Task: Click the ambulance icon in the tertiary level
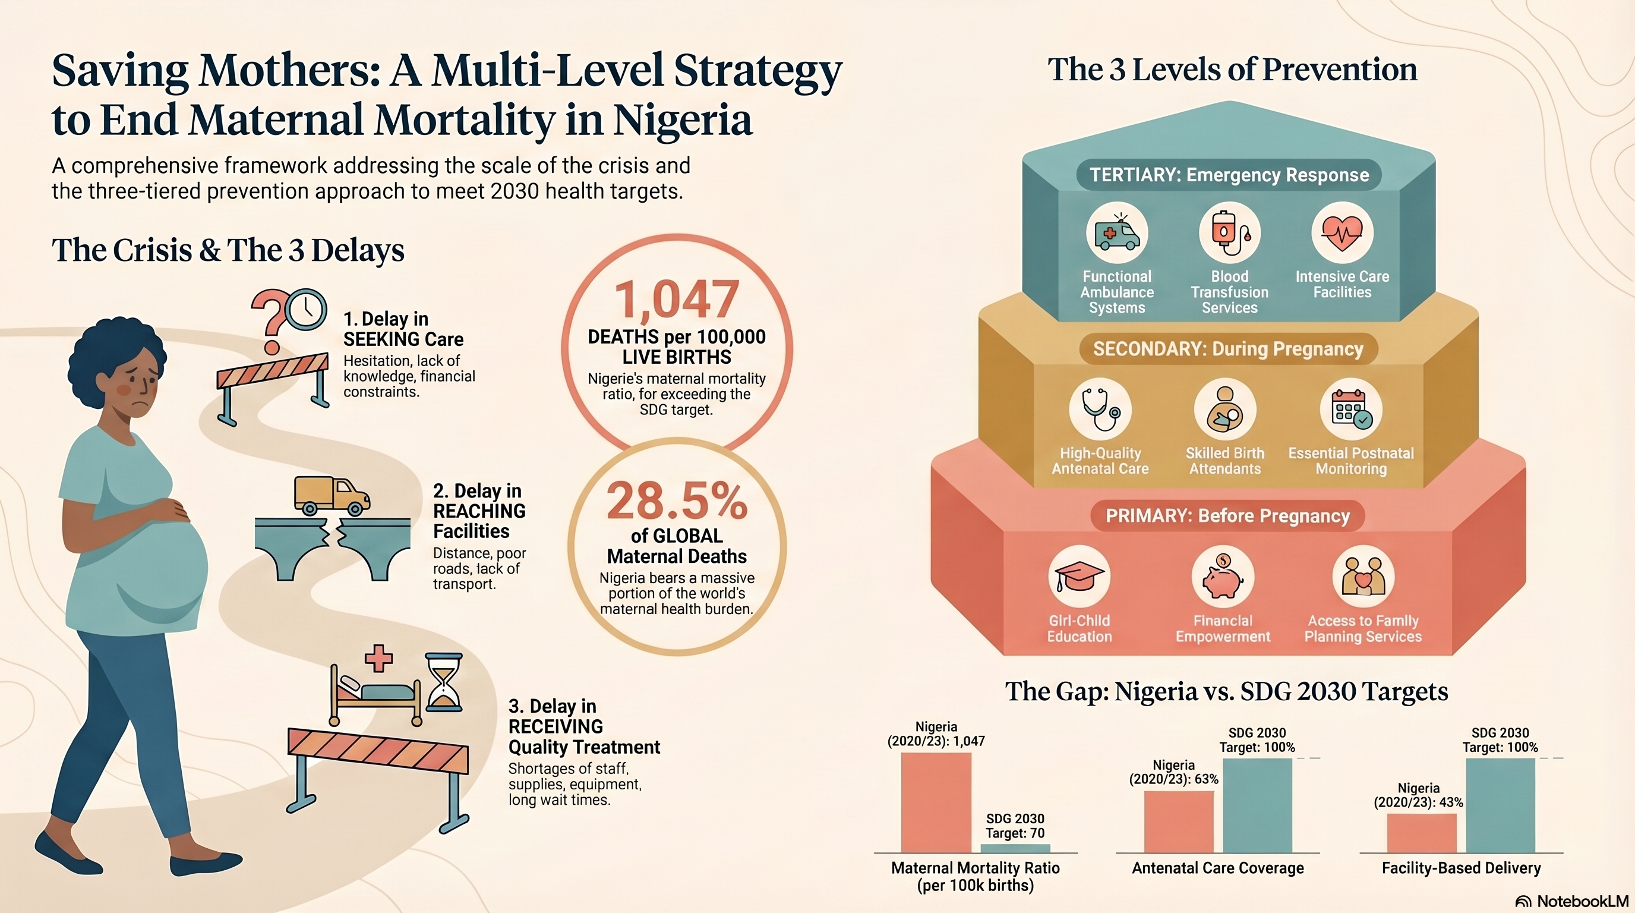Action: pyautogui.click(x=1116, y=234)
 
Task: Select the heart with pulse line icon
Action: pyautogui.click(x=1342, y=232)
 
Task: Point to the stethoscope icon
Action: pyautogui.click(x=1100, y=410)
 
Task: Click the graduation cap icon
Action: pyautogui.click(x=1079, y=577)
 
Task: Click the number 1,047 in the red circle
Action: pyautogui.click(x=677, y=300)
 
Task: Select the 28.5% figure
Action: pyautogui.click(x=677, y=502)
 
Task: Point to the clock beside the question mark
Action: pyautogui.click(x=307, y=309)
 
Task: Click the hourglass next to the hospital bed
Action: pyautogui.click(x=444, y=682)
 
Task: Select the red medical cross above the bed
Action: pyautogui.click(x=378, y=659)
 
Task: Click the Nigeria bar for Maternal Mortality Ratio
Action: pyautogui.click(x=936, y=802)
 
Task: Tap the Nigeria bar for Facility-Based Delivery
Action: pyautogui.click(x=1421, y=832)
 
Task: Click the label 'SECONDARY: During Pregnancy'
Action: pyautogui.click(x=1227, y=349)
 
